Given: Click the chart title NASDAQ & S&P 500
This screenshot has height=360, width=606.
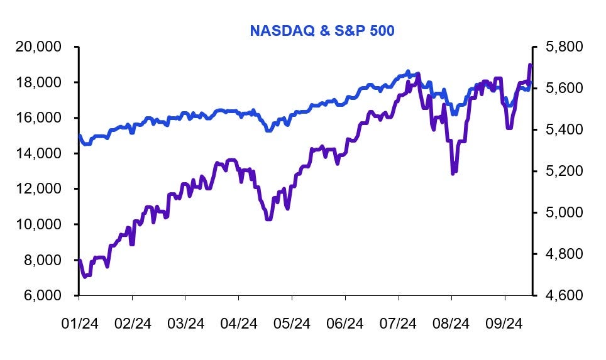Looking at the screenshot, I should point(322,30).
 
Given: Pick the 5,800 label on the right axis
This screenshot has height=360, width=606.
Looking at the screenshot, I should point(561,47).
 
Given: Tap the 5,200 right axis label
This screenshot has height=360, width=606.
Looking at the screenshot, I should point(561,171).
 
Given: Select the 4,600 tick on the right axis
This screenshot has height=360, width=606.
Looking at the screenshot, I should point(561,295).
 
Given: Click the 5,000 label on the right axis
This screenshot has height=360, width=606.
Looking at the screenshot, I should point(561,212).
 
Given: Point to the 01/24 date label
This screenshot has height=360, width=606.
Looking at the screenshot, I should point(79,324).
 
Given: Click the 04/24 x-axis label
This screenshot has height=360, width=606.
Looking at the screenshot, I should point(239,324).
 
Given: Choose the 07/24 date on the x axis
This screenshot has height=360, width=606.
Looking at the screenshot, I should point(399,324).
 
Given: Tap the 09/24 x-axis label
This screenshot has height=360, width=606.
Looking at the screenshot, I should point(505,324).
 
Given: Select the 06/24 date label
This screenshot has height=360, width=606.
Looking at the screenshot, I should point(345,324).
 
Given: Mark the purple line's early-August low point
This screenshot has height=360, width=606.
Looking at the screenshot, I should point(453,173).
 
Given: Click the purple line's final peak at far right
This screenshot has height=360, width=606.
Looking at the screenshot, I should point(530,65).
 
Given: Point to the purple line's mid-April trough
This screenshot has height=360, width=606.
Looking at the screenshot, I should point(268,219).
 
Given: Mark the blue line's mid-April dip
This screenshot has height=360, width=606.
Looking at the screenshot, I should point(268,130).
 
